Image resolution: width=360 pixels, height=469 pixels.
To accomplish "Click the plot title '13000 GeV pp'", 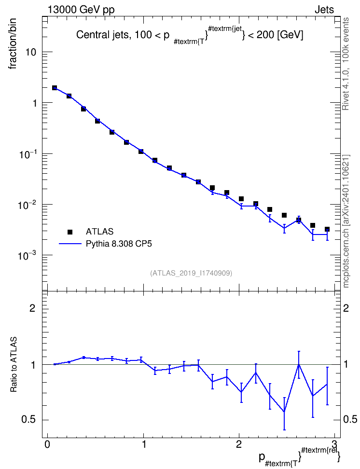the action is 81,10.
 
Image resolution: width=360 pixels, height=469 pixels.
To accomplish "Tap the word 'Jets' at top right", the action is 324,10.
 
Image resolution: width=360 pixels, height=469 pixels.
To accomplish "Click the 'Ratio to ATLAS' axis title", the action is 14,365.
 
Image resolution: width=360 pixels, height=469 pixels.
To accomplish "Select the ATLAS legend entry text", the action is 99,232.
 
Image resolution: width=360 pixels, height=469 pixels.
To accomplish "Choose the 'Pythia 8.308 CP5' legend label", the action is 119,244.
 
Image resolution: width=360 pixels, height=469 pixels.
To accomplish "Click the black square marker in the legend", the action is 70,232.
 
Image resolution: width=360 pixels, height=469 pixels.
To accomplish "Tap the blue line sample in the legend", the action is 70,244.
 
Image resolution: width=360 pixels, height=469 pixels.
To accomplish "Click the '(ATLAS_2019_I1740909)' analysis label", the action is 191,273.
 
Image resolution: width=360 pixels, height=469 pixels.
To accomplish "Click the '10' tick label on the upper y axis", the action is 30,52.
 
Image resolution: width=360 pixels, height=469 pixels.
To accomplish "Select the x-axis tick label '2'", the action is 239,444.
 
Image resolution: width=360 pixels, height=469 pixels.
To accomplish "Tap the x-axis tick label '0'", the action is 47,444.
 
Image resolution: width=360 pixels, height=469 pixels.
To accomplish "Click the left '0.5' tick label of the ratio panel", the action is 29,420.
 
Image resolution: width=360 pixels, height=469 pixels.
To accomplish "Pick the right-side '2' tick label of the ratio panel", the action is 346,308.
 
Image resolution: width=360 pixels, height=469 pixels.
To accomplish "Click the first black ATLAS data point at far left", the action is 55,88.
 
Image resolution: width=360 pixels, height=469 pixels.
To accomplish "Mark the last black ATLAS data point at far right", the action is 327,229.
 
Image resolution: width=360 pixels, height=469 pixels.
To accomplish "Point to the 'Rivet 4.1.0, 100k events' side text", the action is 346,64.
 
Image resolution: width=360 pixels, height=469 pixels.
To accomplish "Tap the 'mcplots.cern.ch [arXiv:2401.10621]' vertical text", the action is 346,221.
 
